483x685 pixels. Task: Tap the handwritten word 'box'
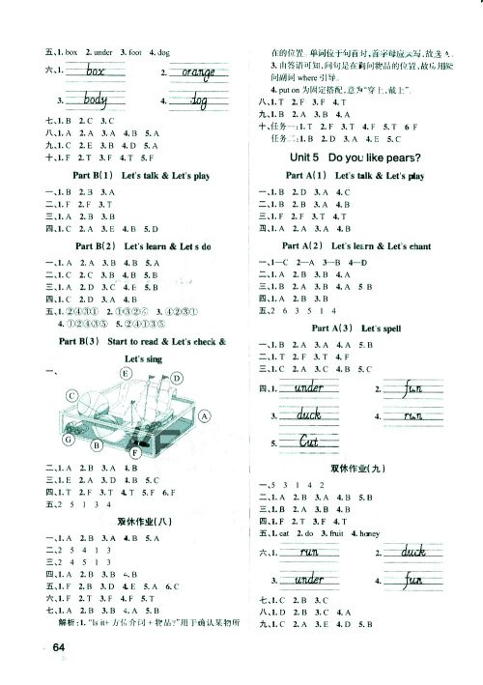94,71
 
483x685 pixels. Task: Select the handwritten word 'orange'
197,71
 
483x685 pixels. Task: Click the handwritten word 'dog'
201,100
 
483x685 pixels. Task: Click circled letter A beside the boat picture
204,415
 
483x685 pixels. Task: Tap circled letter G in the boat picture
68,440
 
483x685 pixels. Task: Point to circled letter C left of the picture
45,396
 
